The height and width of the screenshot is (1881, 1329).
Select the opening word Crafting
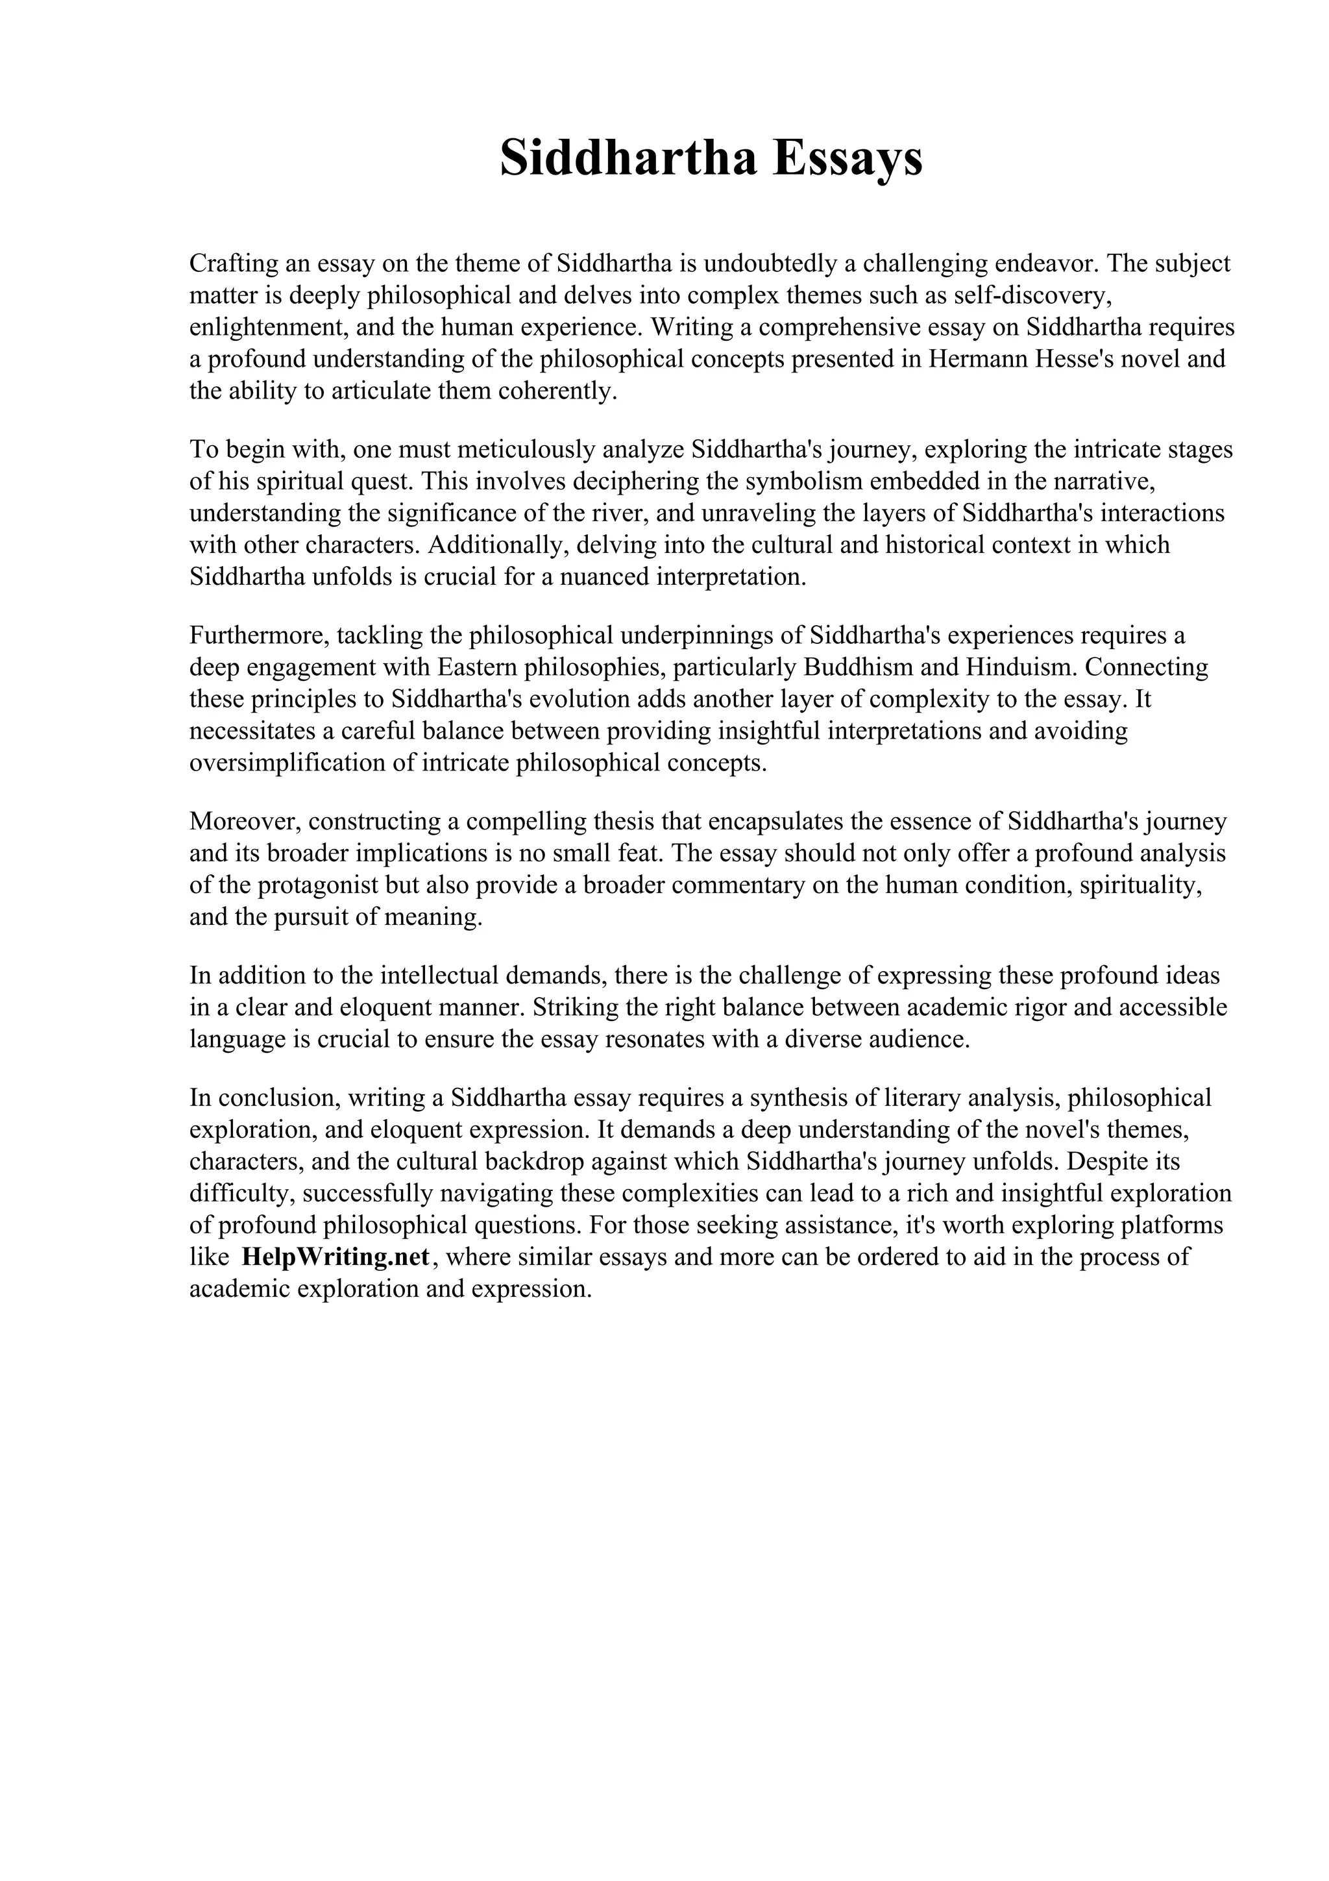click(x=234, y=264)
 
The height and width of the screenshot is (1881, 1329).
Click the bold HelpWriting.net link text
click(x=335, y=1257)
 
